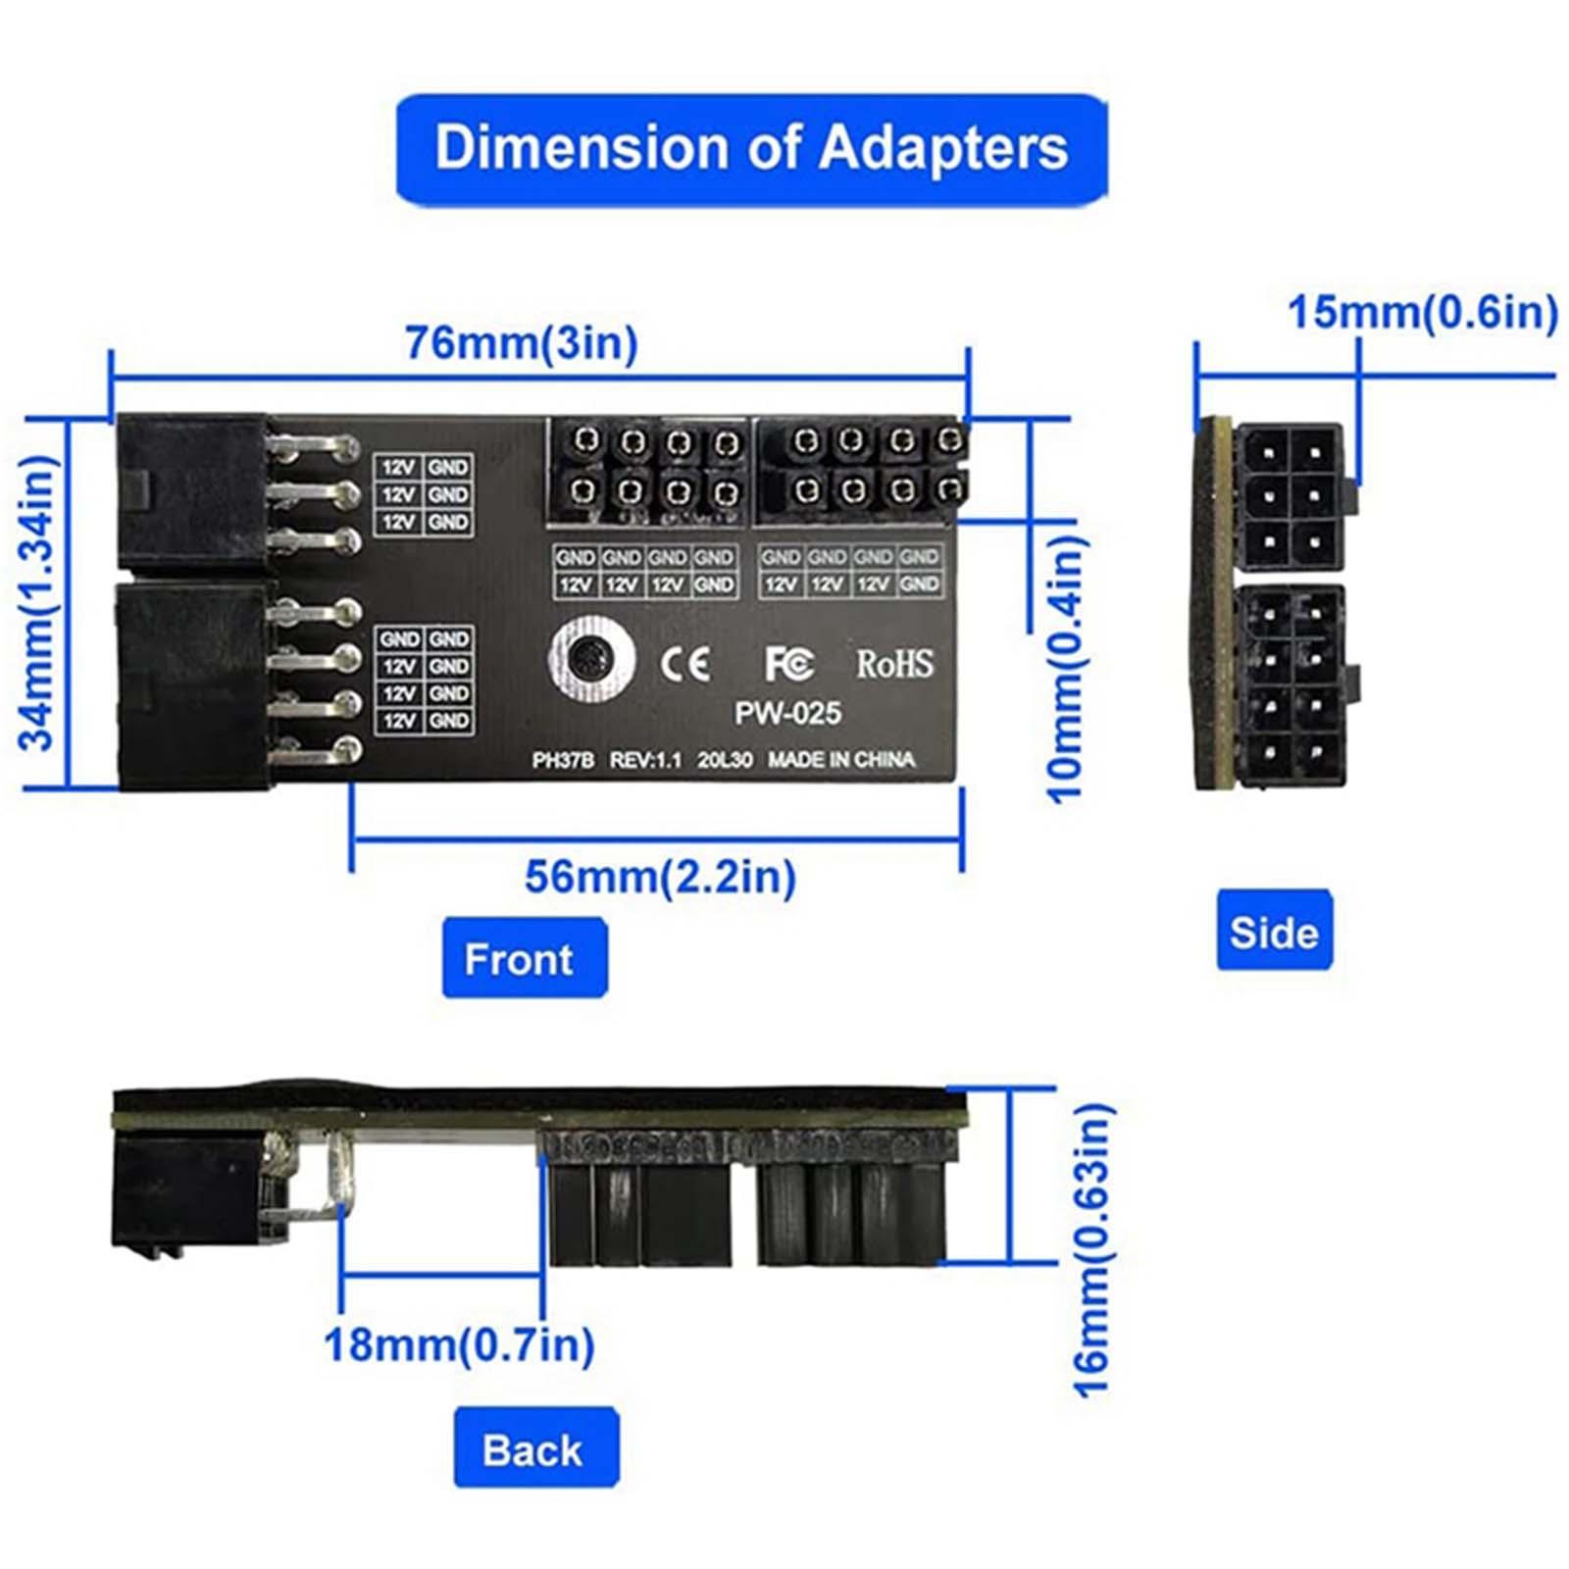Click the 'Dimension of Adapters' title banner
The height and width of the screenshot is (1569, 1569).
751,149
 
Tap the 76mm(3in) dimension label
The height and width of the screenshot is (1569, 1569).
521,342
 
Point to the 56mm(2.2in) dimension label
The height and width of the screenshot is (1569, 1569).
660,876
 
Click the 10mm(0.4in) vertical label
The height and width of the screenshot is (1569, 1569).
1066,655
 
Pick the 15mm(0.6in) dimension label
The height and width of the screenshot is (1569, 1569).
1422,312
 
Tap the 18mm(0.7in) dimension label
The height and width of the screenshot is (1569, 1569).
459,1343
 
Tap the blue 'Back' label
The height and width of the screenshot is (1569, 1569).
534,1448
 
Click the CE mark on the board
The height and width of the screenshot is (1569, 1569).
684,664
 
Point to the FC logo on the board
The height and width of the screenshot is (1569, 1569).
788,664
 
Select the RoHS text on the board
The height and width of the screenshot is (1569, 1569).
894,664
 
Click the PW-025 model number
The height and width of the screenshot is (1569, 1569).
787,713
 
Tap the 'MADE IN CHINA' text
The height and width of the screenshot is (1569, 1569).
840,760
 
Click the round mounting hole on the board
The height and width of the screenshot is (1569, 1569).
591,658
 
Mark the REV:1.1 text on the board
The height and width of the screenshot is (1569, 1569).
645,760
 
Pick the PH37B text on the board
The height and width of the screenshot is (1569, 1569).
563,760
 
